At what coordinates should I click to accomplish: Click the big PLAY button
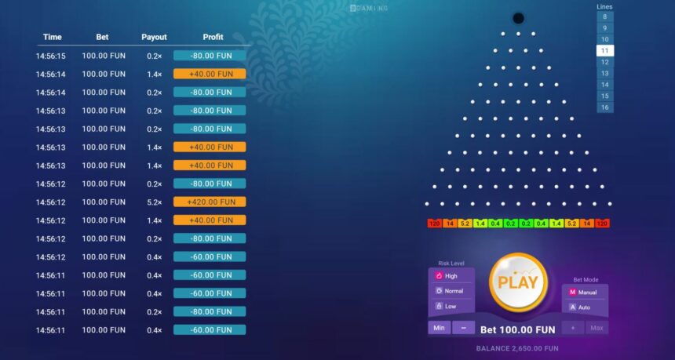(517, 282)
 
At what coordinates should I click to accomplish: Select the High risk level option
(451, 276)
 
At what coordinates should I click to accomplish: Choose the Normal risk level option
(451, 291)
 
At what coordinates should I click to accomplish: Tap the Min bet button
(440, 328)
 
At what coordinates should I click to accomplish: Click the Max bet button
(596, 328)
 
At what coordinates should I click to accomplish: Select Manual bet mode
(585, 293)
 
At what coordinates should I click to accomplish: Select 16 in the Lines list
(604, 107)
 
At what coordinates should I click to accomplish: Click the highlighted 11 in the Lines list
(604, 51)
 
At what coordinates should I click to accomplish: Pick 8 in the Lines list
(604, 16)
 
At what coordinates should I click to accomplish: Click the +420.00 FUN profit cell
(210, 202)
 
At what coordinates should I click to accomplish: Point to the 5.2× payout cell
(154, 202)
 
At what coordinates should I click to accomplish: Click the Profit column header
(213, 37)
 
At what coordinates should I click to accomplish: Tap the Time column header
(53, 37)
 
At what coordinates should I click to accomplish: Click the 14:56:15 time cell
(51, 56)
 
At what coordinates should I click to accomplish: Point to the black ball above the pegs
(518, 17)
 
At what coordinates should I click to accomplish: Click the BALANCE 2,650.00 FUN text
(517, 348)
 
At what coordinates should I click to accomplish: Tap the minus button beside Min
(463, 328)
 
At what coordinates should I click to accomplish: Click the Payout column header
(154, 37)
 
